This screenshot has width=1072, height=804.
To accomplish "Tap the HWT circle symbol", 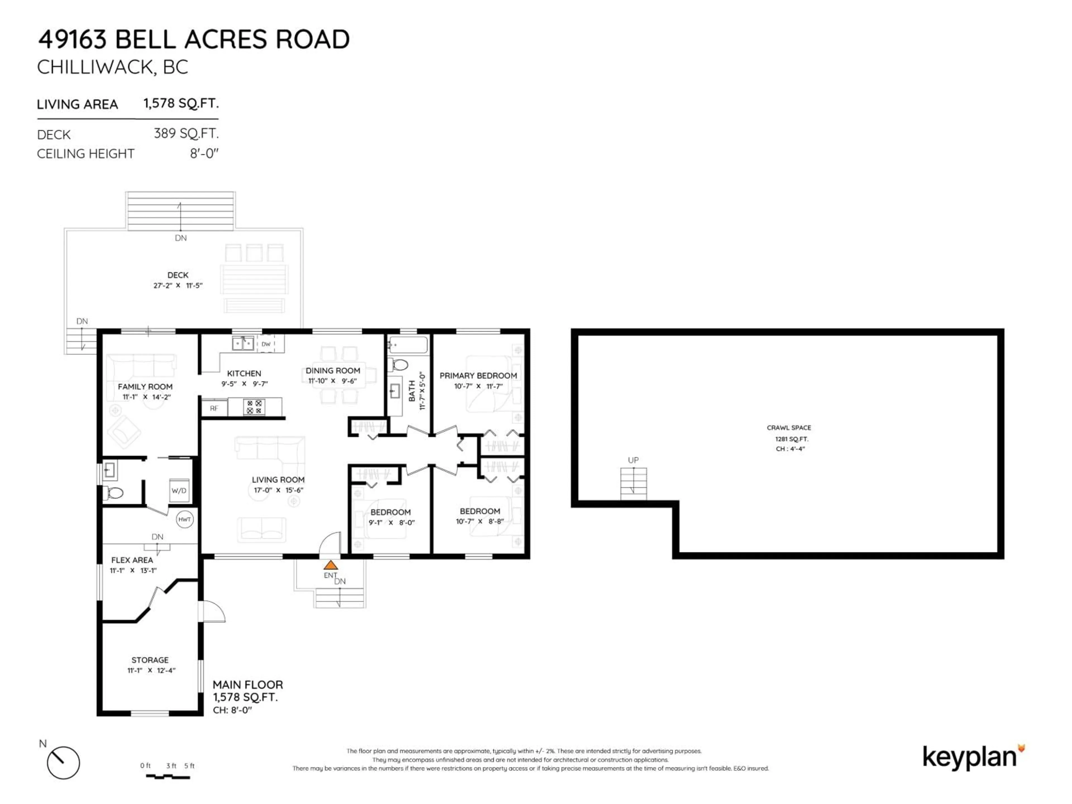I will (185, 520).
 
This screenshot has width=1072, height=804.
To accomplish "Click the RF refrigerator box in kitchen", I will (214, 408).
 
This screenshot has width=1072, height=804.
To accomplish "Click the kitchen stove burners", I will (254, 406).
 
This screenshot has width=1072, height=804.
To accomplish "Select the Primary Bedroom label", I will (478, 375).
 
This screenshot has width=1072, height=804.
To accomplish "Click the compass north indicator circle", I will (63, 763).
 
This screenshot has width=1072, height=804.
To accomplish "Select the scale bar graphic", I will (168, 777).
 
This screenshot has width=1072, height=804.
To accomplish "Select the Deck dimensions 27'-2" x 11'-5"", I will (178, 285).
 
